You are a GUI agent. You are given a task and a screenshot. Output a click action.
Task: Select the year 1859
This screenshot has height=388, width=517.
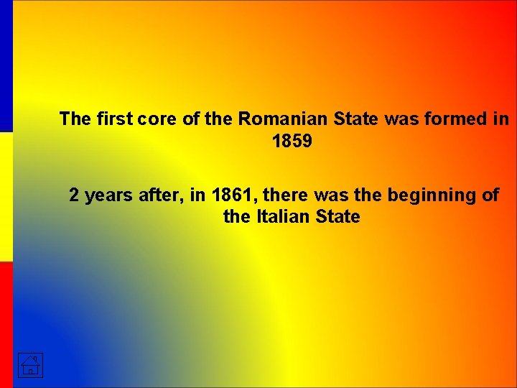pos(292,141)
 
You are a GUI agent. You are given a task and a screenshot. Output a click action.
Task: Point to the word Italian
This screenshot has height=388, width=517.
pos(283,216)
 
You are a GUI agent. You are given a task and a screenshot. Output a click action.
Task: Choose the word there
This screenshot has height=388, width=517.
pos(290,195)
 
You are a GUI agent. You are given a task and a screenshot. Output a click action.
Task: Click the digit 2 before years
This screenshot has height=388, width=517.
pos(74,195)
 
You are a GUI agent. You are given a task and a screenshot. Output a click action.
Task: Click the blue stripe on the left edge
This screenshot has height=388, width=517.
pos(6,65)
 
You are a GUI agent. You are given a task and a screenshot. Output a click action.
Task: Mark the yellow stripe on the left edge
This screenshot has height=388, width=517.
pos(6,195)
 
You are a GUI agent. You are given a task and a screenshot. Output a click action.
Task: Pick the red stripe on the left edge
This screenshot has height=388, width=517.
pos(6,323)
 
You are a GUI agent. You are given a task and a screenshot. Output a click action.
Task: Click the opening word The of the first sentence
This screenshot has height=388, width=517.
pos(74,119)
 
